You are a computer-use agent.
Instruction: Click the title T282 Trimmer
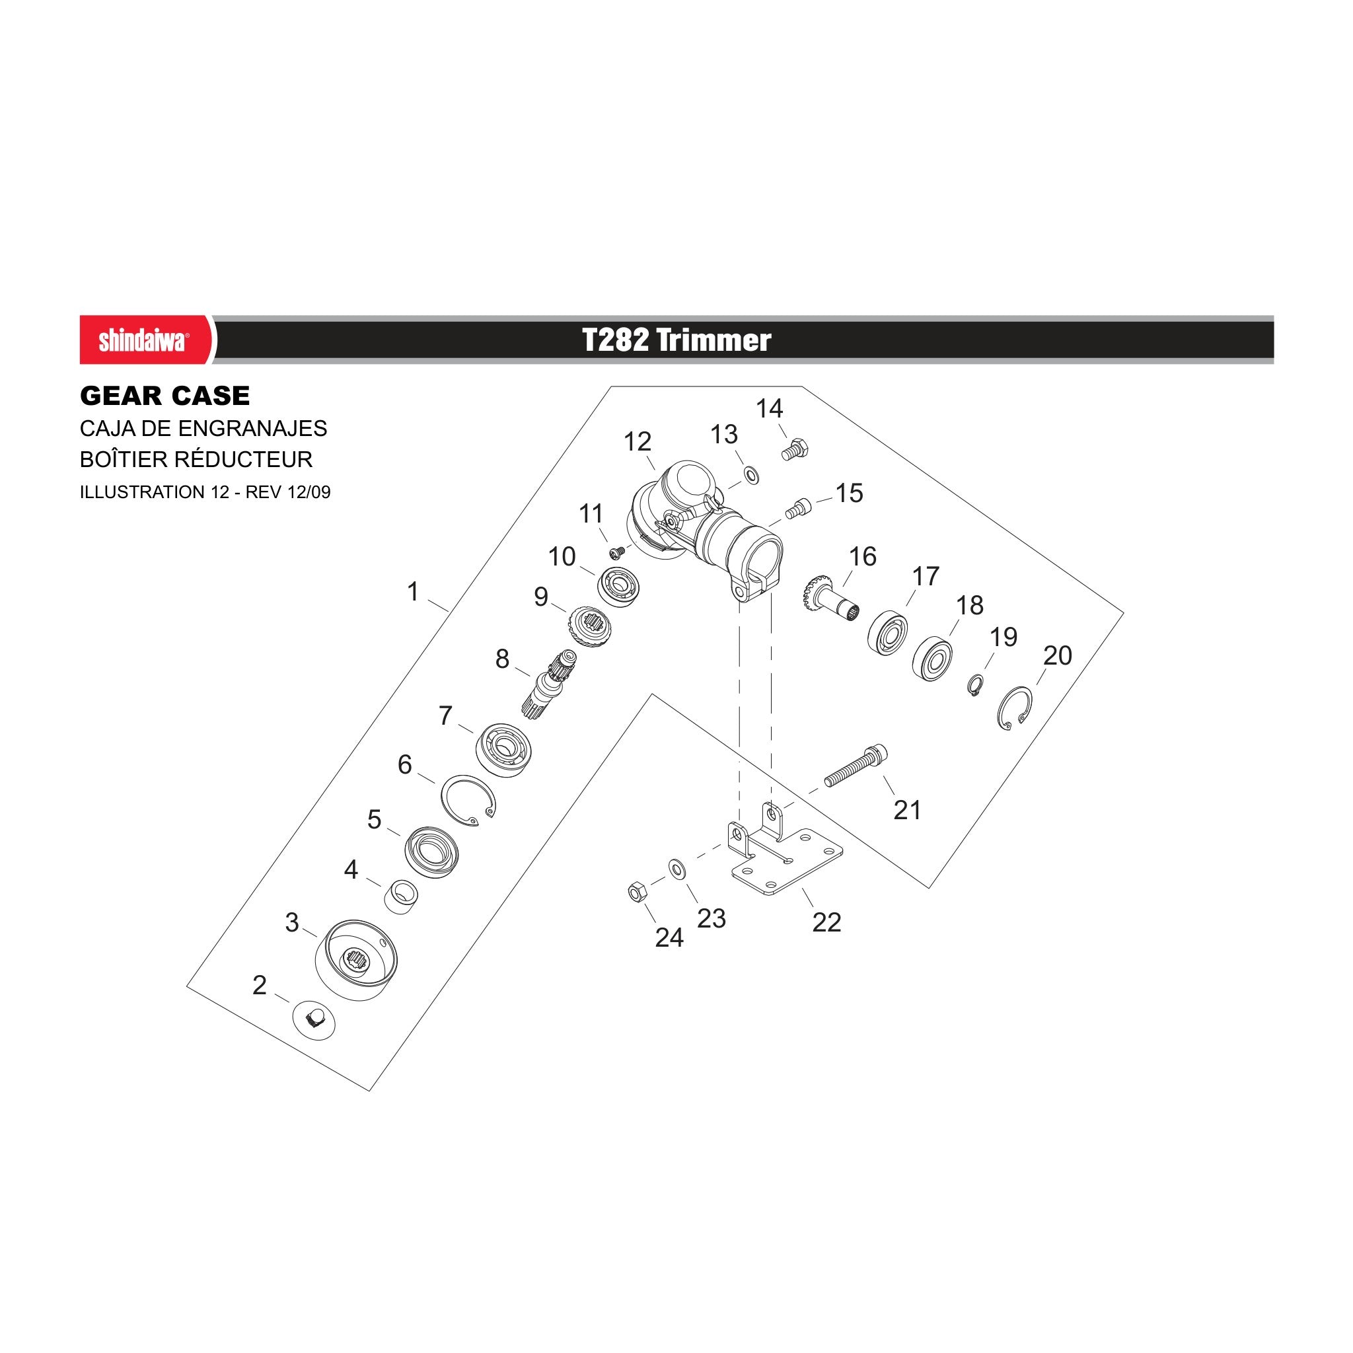[x=676, y=340]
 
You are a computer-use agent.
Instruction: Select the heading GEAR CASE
[x=165, y=396]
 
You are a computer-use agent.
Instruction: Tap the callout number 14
[x=769, y=408]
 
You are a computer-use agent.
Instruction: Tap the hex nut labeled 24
[x=637, y=893]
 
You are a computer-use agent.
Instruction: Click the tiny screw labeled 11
[x=617, y=554]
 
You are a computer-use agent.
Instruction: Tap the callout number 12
[x=638, y=442]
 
